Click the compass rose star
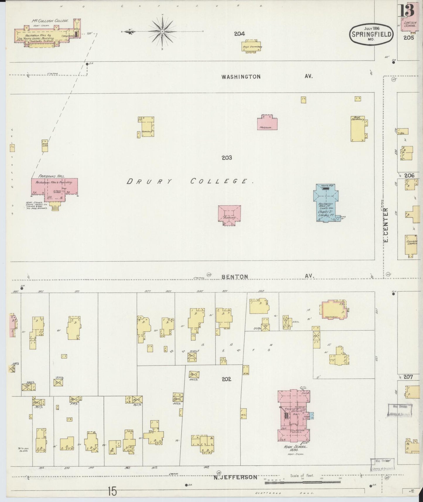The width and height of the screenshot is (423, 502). (x=162, y=31)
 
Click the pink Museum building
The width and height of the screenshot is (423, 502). (x=267, y=123)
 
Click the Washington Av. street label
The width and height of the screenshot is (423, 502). (x=241, y=77)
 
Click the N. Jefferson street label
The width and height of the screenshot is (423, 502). (x=235, y=477)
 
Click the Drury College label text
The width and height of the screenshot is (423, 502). (x=190, y=182)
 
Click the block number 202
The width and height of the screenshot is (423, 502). (x=226, y=379)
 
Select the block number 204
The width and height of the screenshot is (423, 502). (x=239, y=34)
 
